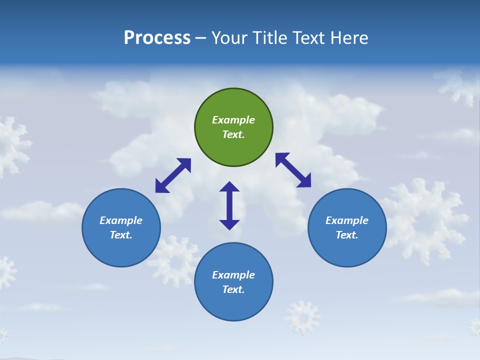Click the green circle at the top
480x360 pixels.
pyautogui.click(x=233, y=127)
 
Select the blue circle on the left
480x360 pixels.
pyautogui.click(x=121, y=227)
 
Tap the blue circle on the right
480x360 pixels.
pyautogui.click(x=347, y=227)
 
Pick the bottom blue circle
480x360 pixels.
pyautogui.click(x=233, y=282)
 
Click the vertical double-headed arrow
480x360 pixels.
pyautogui.click(x=229, y=205)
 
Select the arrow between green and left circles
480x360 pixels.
pyautogui.click(x=173, y=175)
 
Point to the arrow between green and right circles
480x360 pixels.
pyautogui.click(x=293, y=170)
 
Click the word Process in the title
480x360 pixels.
pyautogui.click(x=157, y=38)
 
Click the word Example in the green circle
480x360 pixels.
pyautogui.click(x=233, y=120)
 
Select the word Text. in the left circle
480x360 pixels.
pyautogui.click(x=121, y=235)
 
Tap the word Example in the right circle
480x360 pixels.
pyautogui.click(x=347, y=220)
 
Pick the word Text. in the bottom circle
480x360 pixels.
pyautogui.click(x=233, y=289)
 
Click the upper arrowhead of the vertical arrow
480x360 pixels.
pyautogui.click(x=229, y=187)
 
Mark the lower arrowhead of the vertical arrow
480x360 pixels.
pyautogui.click(x=229, y=224)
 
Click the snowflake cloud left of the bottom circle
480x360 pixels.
pyautogui.click(x=175, y=260)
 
